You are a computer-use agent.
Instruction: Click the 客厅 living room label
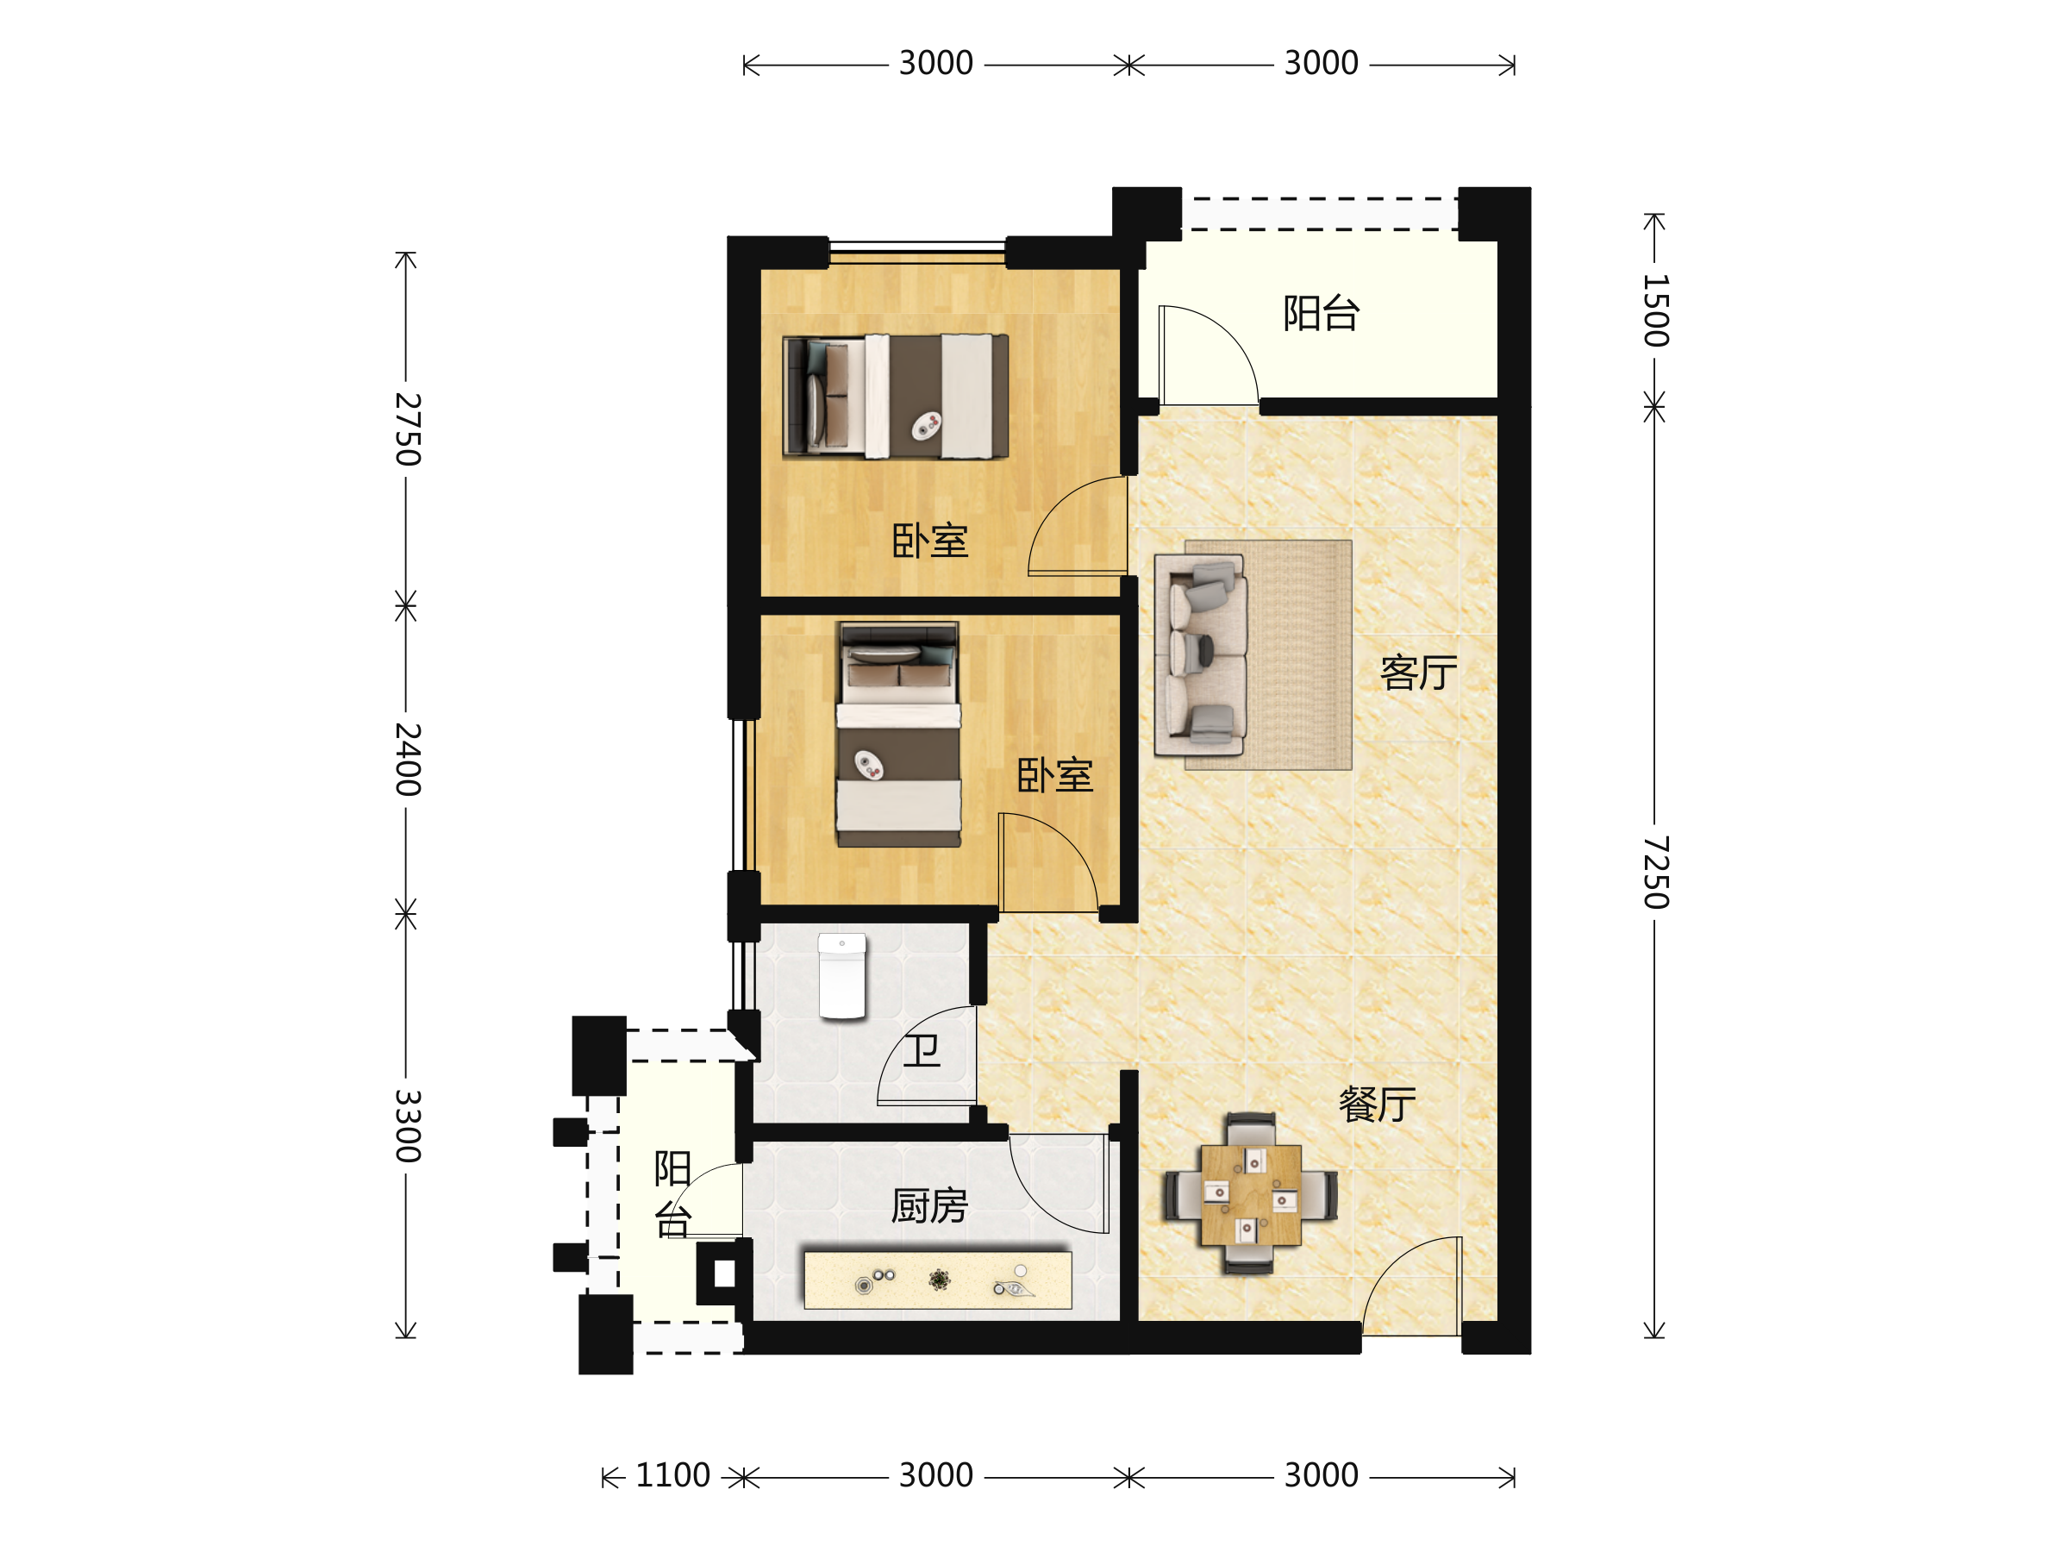coord(1418,673)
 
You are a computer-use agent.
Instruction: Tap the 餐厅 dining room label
coord(1377,1105)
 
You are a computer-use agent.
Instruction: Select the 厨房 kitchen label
coord(928,1206)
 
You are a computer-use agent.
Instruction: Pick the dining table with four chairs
coord(1251,1193)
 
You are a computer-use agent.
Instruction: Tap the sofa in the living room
coord(1200,654)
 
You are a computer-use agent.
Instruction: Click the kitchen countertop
coord(938,1280)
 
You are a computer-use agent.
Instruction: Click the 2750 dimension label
coord(408,429)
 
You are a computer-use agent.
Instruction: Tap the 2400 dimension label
coord(408,760)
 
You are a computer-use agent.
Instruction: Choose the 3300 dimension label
coord(408,1126)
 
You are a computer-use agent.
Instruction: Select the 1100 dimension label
coord(672,1475)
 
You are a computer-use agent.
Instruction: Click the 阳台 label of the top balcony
coord(1321,313)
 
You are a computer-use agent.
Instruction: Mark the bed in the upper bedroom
coord(895,397)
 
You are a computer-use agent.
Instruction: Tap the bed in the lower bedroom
coord(898,735)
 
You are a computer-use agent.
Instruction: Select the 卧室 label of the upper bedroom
coord(929,541)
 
